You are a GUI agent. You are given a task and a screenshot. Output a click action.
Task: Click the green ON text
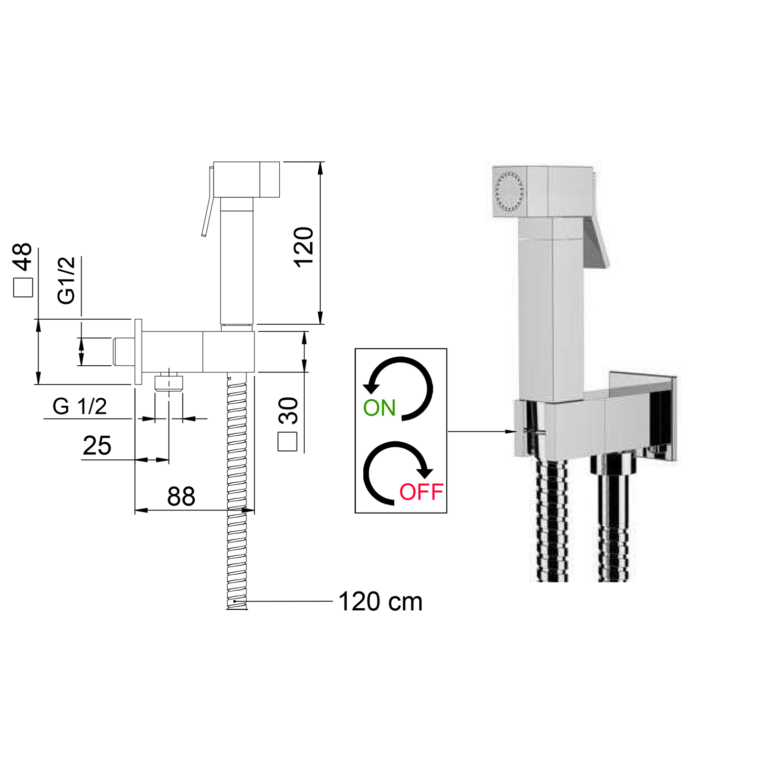tap(379, 408)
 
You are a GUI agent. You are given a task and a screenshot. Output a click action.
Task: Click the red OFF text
tap(421, 492)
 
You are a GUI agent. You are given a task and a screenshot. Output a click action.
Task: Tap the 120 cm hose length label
tap(380, 602)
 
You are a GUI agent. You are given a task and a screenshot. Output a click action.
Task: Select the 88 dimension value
tap(181, 496)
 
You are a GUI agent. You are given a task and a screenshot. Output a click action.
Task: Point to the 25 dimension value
tap(97, 446)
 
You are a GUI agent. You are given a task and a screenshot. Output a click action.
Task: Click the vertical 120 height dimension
tap(304, 247)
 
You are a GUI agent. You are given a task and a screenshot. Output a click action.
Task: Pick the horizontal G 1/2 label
tap(80, 406)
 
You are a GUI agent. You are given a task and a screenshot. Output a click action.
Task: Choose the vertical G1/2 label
tap(66, 280)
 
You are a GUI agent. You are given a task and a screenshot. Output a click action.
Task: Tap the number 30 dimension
tap(288, 410)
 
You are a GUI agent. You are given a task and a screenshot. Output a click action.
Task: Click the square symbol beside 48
tap(23, 287)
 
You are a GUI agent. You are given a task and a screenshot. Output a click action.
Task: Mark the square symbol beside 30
tap(288, 442)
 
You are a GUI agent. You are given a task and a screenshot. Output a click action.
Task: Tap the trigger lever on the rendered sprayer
tap(596, 243)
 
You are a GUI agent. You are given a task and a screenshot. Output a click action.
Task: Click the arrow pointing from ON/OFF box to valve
tap(482, 432)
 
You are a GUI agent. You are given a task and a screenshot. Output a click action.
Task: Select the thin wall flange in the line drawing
tap(138, 352)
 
